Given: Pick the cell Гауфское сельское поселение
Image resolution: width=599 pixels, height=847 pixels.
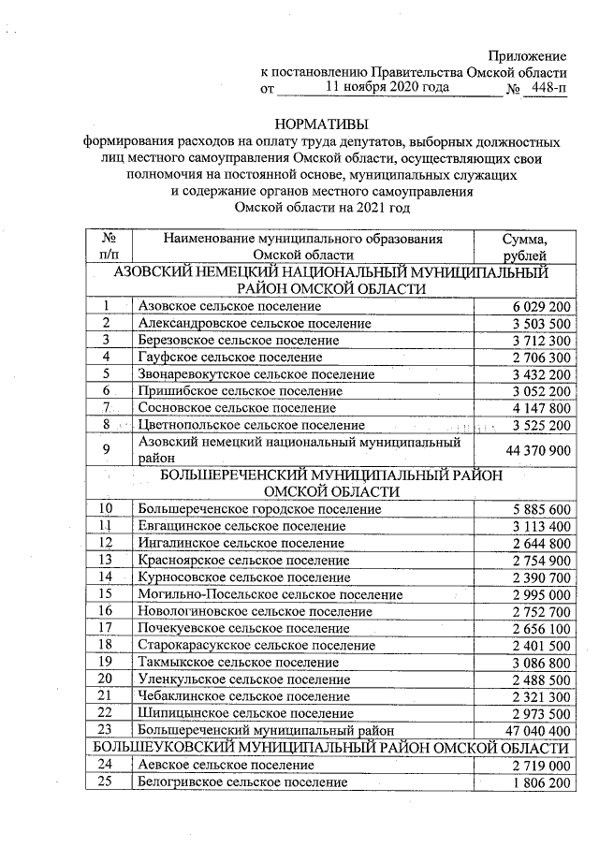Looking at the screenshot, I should pyautogui.click(x=230, y=357).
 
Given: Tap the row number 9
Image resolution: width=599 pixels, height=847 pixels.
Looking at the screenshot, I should pyautogui.click(x=110, y=450).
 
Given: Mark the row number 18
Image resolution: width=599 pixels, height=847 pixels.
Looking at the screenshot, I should pyautogui.click(x=110, y=645).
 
